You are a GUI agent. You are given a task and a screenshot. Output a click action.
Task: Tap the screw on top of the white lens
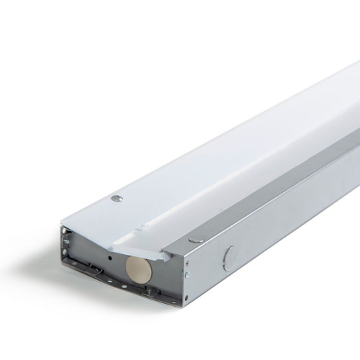pos(117,197)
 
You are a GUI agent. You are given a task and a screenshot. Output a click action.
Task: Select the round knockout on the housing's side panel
pos(230,258)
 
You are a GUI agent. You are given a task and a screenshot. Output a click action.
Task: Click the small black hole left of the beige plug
pos(109,257)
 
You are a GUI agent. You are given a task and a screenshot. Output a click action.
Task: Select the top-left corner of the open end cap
pos(65,229)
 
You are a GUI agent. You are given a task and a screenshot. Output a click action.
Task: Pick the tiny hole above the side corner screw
pos(186,265)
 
